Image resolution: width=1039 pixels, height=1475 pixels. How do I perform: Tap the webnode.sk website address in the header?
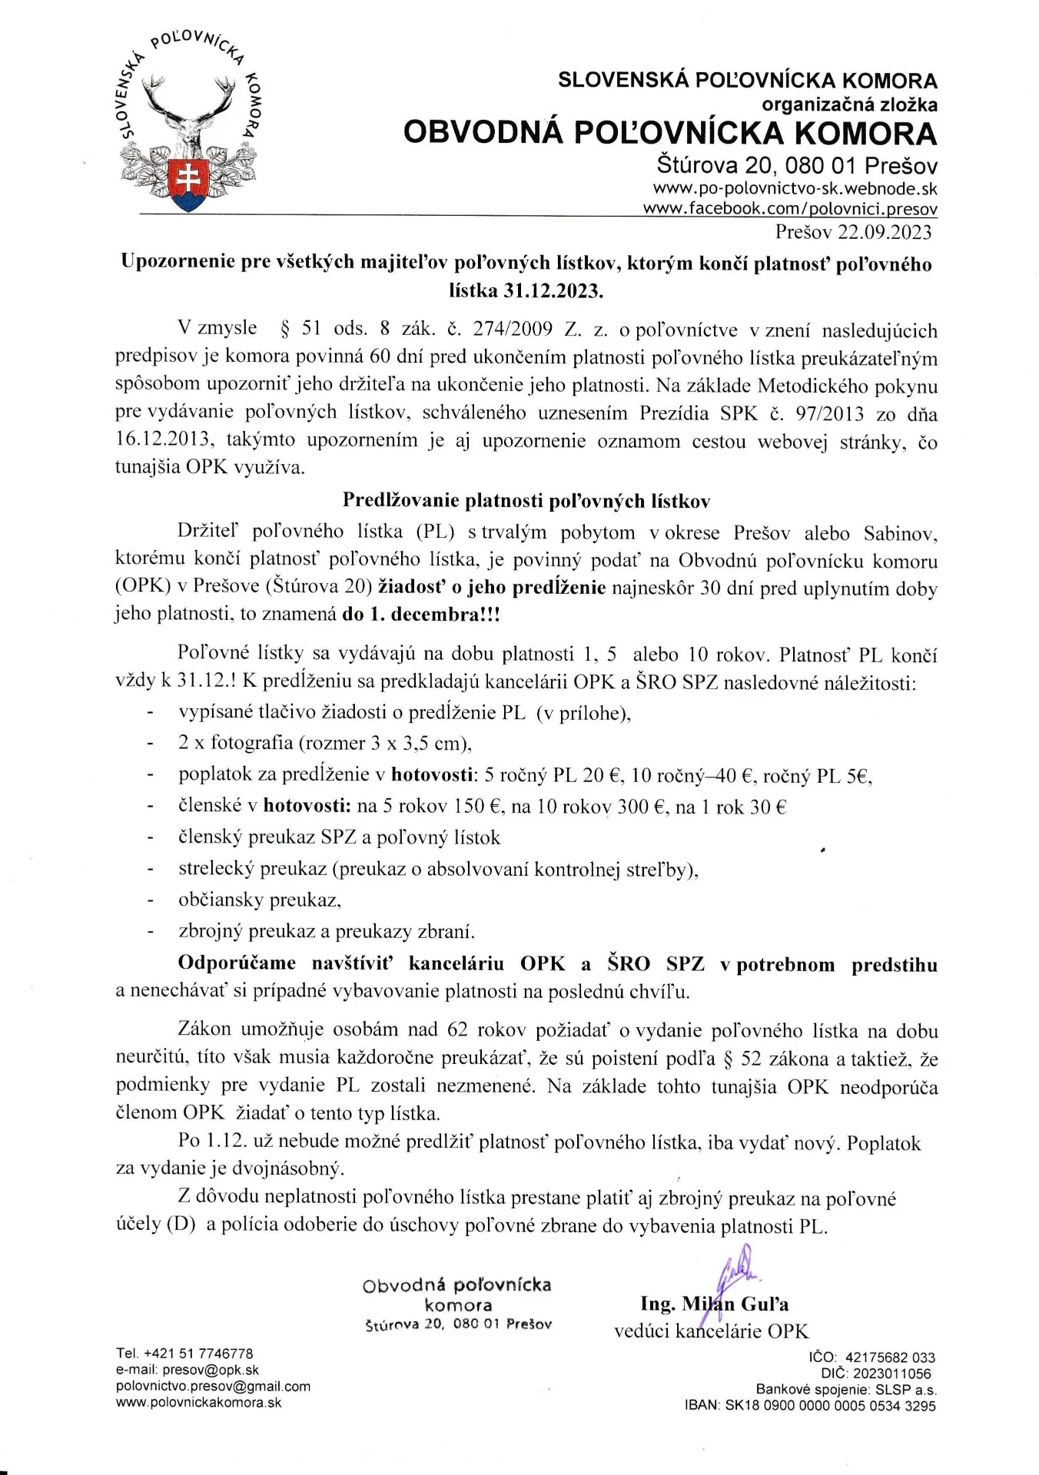click(795, 189)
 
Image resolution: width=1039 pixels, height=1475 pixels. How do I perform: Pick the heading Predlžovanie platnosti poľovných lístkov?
click(526, 501)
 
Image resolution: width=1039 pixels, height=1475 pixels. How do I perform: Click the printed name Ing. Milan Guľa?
click(714, 1304)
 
